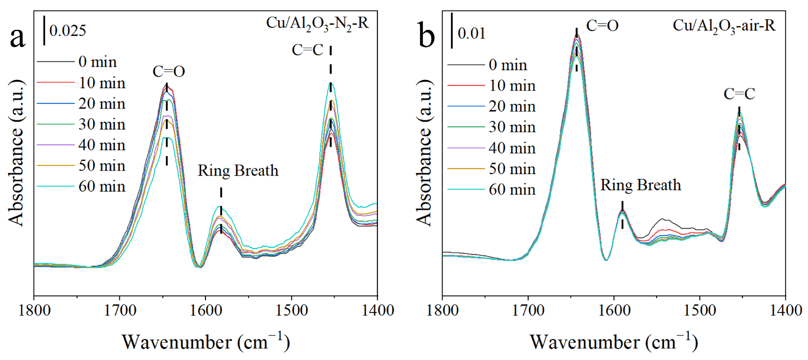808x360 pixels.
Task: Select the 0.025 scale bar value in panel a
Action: click(67, 31)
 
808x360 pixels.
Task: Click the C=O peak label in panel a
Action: click(169, 72)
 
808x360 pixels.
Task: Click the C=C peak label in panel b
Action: click(739, 94)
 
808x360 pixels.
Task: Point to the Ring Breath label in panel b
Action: click(641, 185)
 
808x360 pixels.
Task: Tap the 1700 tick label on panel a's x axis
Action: click(120, 310)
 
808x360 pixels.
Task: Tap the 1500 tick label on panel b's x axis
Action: click(699, 310)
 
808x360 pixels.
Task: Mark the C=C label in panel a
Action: click(307, 50)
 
